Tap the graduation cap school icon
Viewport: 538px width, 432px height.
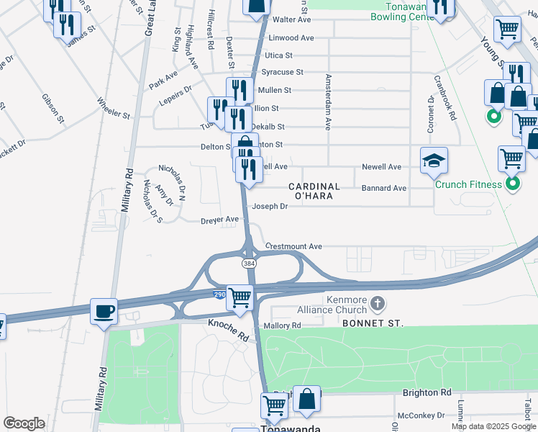click(x=434, y=161)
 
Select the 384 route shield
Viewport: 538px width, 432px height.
click(x=249, y=264)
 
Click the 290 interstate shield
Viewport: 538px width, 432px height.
click(x=219, y=295)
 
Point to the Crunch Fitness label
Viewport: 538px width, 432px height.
click(x=468, y=184)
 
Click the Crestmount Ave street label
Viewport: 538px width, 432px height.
click(x=293, y=246)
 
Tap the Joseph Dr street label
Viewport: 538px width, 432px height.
click(x=269, y=206)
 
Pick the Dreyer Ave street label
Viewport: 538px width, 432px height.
click(x=219, y=220)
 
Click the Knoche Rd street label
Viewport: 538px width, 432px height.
click(x=228, y=331)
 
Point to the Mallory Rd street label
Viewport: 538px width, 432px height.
click(x=281, y=325)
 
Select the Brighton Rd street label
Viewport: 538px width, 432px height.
click(x=427, y=392)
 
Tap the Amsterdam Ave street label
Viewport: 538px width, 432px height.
click(x=328, y=102)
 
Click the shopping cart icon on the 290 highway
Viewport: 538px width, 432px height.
click(x=240, y=297)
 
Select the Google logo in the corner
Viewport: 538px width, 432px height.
click(x=24, y=423)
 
